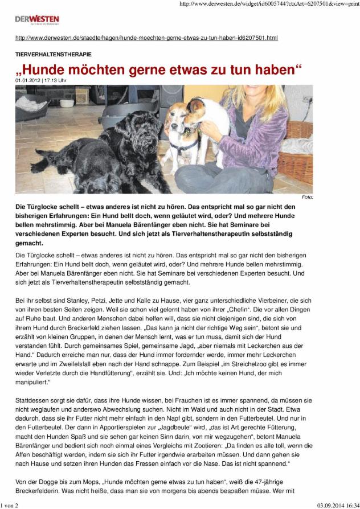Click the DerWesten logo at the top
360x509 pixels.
(x=37, y=20)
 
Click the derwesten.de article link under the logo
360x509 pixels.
(x=146, y=38)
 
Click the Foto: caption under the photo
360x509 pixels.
(x=308, y=197)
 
